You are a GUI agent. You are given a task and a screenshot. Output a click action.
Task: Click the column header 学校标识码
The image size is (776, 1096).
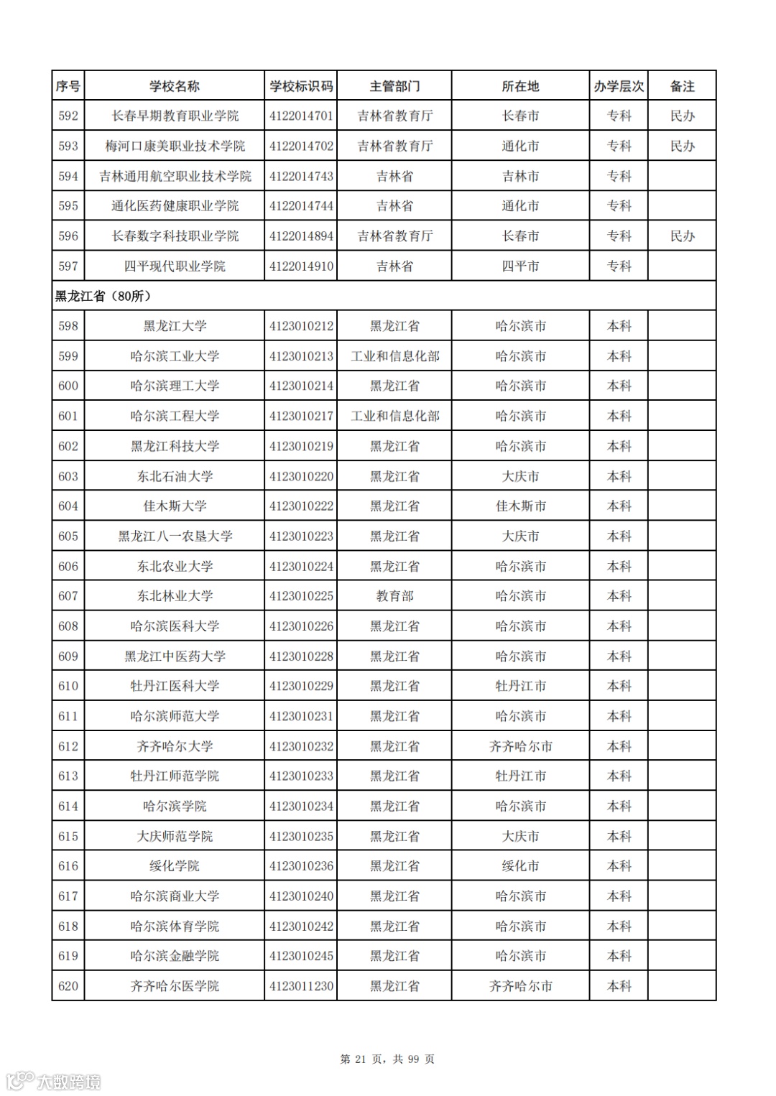coord(301,86)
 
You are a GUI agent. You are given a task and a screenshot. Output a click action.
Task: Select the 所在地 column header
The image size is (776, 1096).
coord(520,86)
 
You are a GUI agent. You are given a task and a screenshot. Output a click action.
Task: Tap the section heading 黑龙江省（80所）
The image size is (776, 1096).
coord(103,296)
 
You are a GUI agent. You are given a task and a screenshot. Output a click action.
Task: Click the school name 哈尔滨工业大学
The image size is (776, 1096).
coord(175,356)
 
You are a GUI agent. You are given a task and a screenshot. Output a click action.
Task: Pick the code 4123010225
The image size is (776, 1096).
coord(301,596)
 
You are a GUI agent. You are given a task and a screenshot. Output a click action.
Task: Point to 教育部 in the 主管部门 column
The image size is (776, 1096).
coord(394,596)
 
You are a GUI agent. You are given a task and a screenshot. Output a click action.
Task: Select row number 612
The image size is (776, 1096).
coord(68,746)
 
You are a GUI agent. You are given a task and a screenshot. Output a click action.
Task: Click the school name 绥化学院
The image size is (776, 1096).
coord(175,866)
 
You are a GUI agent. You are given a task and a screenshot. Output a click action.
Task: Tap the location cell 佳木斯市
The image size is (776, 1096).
coord(520,506)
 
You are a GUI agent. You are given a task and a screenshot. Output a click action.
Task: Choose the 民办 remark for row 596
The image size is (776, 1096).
coord(682,236)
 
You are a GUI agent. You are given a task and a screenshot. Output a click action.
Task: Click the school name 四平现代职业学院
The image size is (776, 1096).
coord(175,266)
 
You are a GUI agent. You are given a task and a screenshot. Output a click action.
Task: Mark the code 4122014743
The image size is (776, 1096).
coord(301,176)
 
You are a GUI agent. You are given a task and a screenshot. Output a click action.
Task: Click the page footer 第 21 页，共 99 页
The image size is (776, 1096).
coord(387,1059)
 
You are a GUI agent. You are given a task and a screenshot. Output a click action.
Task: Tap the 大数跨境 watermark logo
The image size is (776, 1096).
coord(54,1081)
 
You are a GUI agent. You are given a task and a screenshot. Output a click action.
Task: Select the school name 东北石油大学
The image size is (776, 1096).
coord(175,476)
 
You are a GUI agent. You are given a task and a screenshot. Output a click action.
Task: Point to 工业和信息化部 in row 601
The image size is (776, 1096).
coord(394,416)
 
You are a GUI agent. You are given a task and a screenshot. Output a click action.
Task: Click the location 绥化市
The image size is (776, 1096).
coord(520,866)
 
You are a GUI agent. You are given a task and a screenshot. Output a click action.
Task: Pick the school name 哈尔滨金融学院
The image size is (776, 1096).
coord(175,956)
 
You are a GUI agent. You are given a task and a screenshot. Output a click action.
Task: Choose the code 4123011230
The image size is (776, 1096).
coord(301,986)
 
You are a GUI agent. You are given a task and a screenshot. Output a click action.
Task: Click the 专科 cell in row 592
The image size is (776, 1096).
coord(619,116)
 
